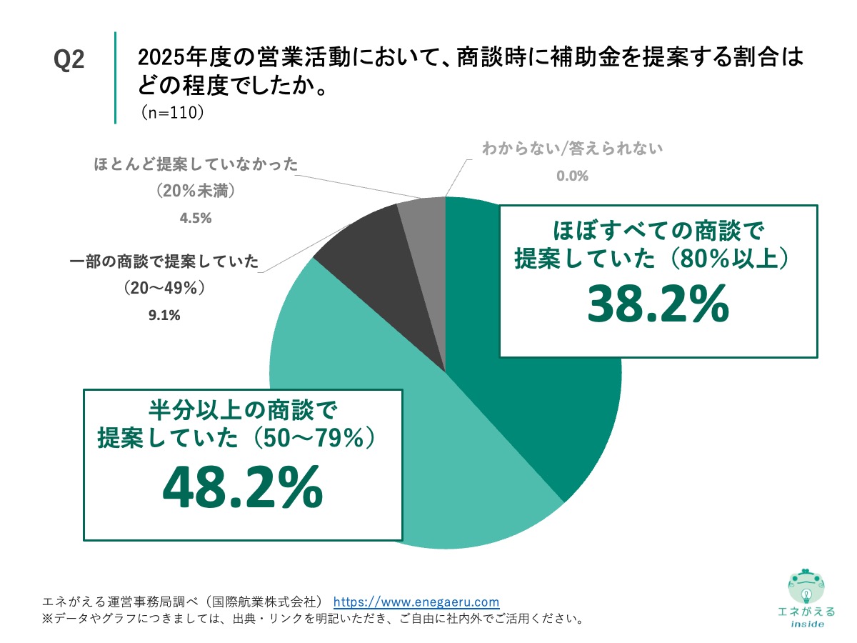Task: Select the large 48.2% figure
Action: click(x=243, y=489)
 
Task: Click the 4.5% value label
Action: click(x=196, y=219)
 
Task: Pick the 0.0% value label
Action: click(x=573, y=176)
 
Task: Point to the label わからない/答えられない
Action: click(x=573, y=149)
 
